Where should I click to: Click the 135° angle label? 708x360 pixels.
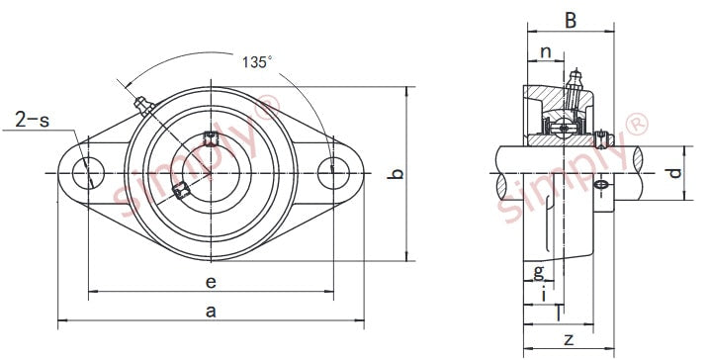click(257, 62)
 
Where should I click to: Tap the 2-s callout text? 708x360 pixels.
click(32, 120)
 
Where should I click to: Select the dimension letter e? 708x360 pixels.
click(211, 283)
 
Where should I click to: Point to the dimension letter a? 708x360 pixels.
click(211, 312)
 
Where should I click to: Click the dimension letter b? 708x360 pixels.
click(396, 173)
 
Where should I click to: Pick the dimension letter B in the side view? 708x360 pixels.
click(571, 21)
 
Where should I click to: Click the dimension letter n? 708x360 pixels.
click(546, 52)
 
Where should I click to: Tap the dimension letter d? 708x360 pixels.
click(674, 173)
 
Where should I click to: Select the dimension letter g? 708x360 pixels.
click(539, 272)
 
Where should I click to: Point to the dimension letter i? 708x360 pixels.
click(544, 294)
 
